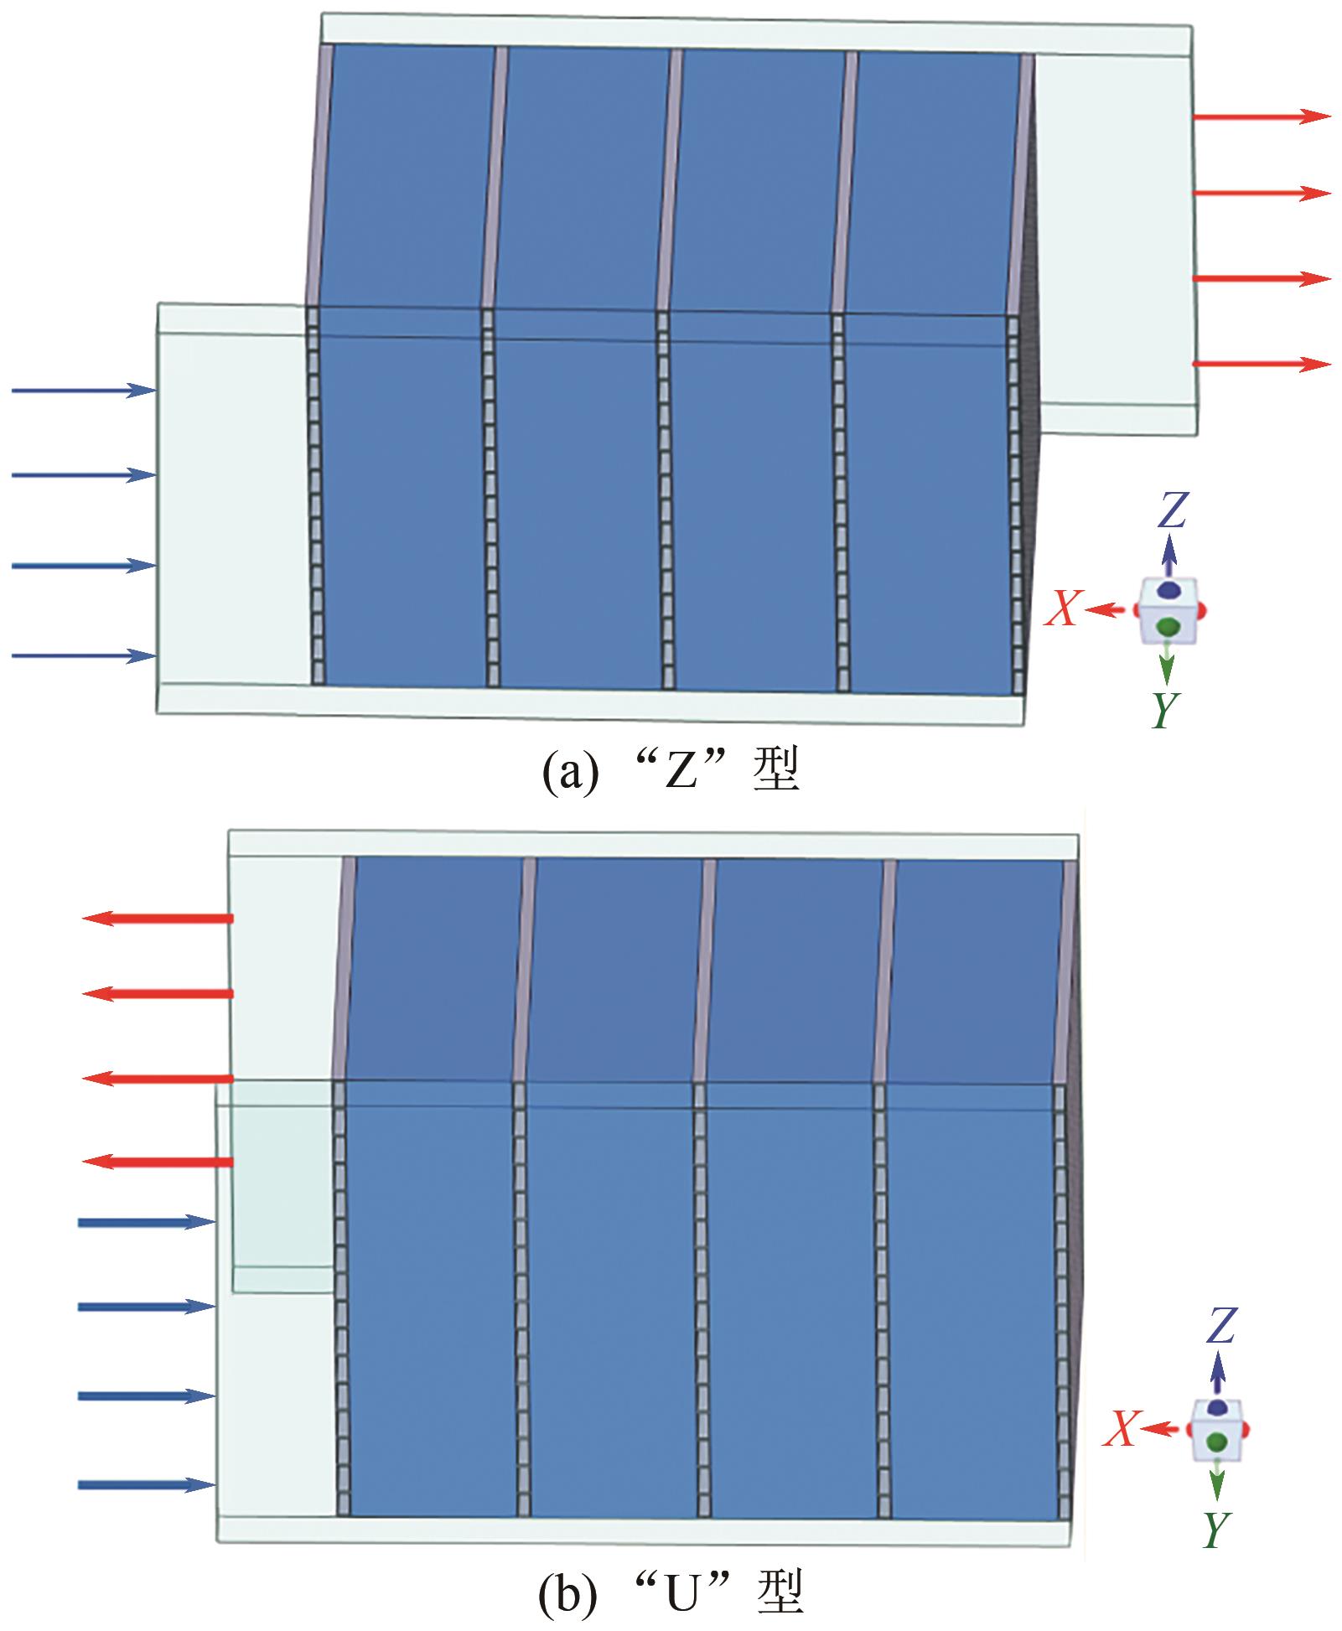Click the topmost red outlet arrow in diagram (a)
pos(1262,116)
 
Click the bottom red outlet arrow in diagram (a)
pos(1262,364)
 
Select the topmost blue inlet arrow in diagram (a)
pos(84,390)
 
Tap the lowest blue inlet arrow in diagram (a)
pos(84,655)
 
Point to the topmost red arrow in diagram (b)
pos(158,919)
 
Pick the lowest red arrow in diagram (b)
pos(158,1162)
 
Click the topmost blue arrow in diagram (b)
pos(147,1222)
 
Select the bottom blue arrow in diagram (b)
pos(147,1485)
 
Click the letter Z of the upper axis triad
pos(1172,510)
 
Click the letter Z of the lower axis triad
pos(1220,1326)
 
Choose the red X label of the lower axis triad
pos(1119,1428)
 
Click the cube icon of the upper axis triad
pos(1169,612)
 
